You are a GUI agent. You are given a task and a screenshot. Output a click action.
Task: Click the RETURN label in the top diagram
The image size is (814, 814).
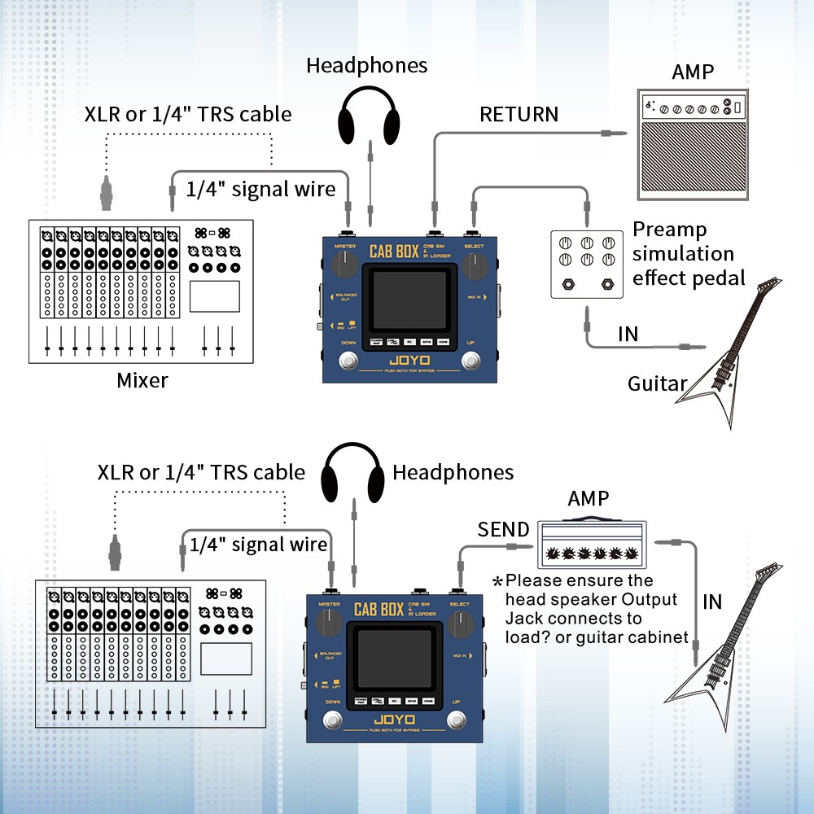pos(519,114)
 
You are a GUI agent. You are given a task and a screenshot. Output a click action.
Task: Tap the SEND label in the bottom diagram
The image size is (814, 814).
pos(503,530)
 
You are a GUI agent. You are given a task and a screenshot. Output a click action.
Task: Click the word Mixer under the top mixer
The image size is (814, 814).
pos(143,380)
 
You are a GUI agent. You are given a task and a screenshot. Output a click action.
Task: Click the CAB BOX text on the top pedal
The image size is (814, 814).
pos(394,251)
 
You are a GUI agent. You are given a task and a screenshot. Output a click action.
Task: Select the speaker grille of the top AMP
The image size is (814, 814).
pos(692,160)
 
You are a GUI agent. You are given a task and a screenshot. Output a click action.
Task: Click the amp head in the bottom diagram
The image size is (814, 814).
pos(592,545)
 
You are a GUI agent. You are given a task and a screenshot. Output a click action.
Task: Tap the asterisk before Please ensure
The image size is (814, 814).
pos(497,581)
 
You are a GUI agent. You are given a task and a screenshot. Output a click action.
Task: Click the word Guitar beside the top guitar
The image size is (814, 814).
pos(657,383)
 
